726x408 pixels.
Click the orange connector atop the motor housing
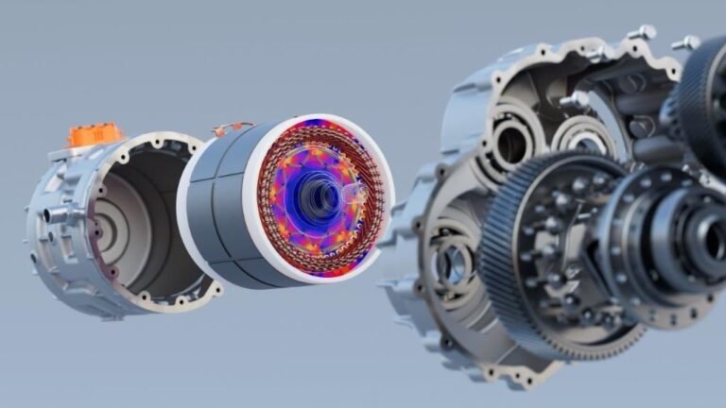click(x=95, y=134)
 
